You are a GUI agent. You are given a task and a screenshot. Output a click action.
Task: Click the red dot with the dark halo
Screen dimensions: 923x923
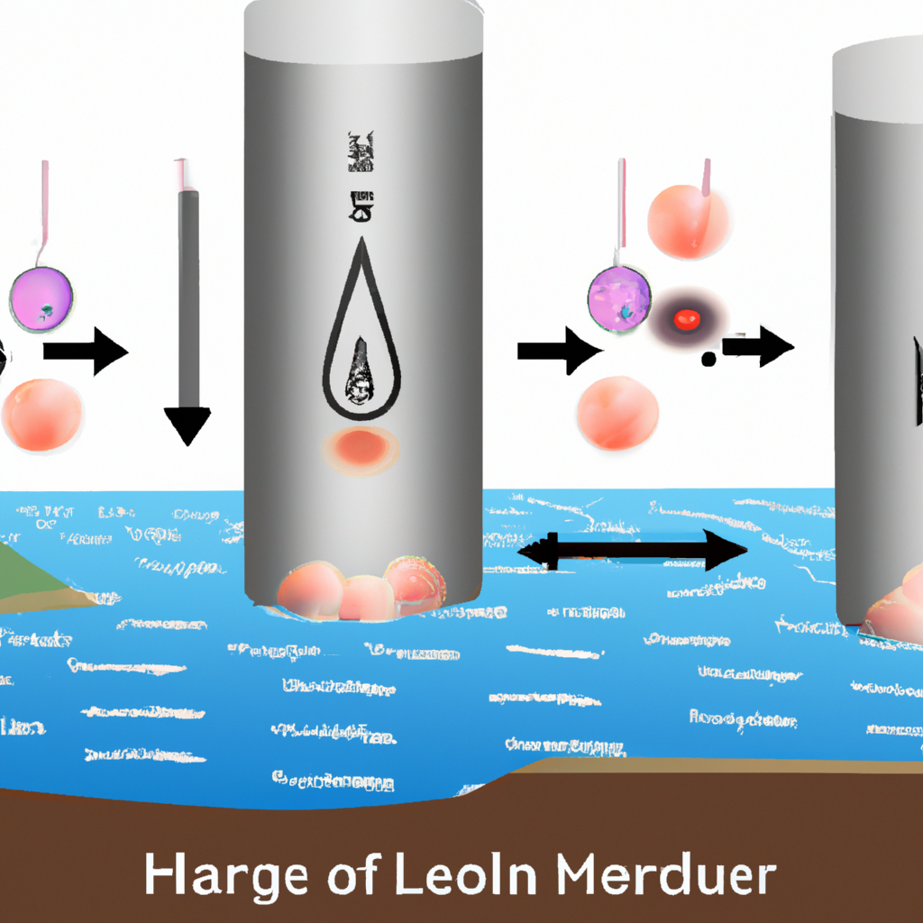click(687, 317)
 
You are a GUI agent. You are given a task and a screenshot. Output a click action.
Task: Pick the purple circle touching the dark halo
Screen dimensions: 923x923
click(619, 297)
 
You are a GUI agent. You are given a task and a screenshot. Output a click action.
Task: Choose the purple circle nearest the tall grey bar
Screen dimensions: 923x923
click(41, 297)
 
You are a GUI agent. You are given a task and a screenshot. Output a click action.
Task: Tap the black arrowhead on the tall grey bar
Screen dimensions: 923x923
click(187, 425)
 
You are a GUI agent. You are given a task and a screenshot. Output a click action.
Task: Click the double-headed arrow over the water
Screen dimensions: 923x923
click(635, 550)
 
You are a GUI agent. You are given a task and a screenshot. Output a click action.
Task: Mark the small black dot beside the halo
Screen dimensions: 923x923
click(708, 360)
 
